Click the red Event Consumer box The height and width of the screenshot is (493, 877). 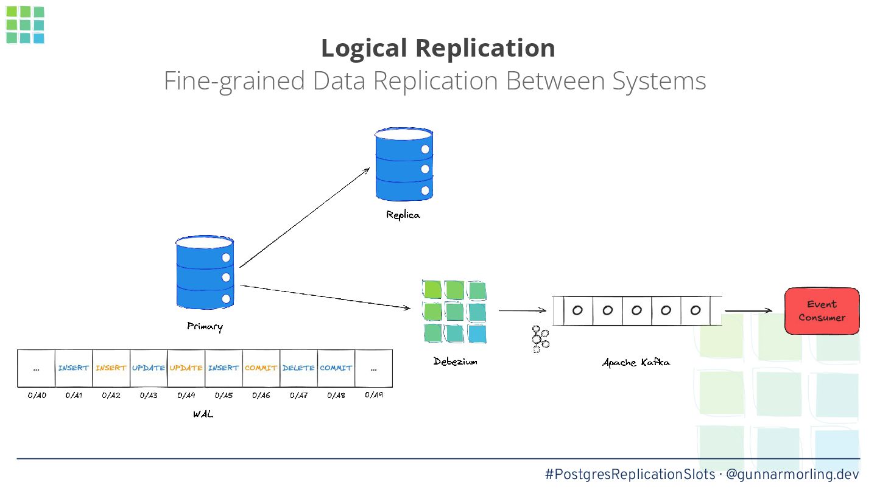(822, 311)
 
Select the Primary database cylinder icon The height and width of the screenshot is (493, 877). (205, 272)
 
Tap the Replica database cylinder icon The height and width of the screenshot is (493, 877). (404, 164)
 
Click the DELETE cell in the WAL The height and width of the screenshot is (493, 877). (298, 368)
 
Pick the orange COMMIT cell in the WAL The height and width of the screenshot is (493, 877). (261, 368)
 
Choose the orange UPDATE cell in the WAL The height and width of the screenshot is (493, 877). (186, 368)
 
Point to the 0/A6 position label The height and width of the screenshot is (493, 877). (261, 395)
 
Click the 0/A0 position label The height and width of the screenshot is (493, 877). (37, 395)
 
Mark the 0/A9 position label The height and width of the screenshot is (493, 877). (374, 395)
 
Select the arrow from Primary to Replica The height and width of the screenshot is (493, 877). (305, 217)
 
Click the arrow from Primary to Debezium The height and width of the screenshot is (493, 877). (325, 298)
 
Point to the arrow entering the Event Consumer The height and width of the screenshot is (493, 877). (748, 310)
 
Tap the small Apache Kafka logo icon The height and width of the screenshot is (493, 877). (540, 339)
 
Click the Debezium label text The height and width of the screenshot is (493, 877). (456, 362)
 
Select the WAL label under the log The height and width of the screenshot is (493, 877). (203, 414)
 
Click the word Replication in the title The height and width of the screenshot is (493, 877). (485, 48)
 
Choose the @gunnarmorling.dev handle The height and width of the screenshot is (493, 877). (792, 474)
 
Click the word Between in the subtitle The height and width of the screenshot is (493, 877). (555, 80)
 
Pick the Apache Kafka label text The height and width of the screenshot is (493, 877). (636, 362)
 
